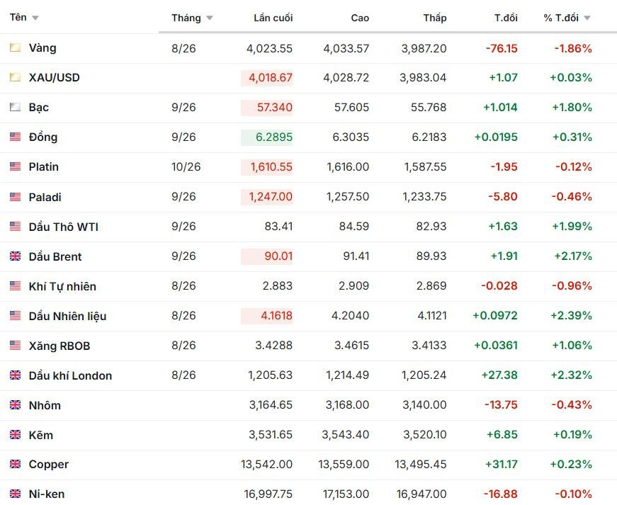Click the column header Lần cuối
[x=273, y=18]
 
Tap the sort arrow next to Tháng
[x=210, y=18]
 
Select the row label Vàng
[x=43, y=48]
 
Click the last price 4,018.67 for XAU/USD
[x=271, y=77]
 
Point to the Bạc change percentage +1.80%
[x=572, y=108]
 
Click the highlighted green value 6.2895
[x=274, y=137]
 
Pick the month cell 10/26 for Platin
[x=186, y=166]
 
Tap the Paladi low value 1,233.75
[x=424, y=197]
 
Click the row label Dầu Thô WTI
[x=63, y=227]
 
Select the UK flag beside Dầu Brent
[x=15, y=256]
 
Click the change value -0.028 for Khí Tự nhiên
[x=499, y=286]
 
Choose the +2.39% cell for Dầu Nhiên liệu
[x=572, y=315]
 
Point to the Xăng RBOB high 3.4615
[x=352, y=346]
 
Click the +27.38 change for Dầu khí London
[x=499, y=375]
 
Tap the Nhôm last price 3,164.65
[x=271, y=404]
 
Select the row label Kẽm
[x=40, y=435]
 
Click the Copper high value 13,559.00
[x=344, y=464]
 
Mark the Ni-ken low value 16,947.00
[x=421, y=494]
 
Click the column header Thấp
[x=435, y=18]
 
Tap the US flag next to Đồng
[x=15, y=137]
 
